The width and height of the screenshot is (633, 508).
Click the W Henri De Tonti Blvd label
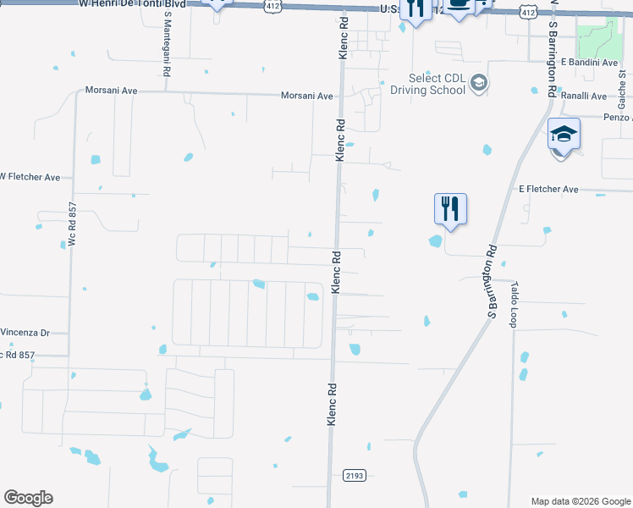pyautogui.click(x=131, y=4)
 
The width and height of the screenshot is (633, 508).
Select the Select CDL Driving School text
pyautogui.click(x=427, y=83)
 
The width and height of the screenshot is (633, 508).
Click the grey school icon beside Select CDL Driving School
pyautogui.click(x=479, y=83)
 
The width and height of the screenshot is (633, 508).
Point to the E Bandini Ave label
pyautogui.click(x=590, y=63)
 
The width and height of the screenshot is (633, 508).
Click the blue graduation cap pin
pyautogui.click(x=564, y=135)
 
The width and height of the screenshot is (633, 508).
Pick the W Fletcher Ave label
pyautogui.click(x=30, y=177)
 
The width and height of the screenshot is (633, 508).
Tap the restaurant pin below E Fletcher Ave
pyautogui.click(x=450, y=207)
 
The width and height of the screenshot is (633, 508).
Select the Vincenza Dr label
pyautogui.click(x=25, y=333)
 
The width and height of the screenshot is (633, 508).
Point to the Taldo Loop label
pyautogui.click(x=513, y=305)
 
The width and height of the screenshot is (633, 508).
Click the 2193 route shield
pyautogui.click(x=355, y=476)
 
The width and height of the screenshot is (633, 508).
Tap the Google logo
pyautogui.click(x=28, y=498)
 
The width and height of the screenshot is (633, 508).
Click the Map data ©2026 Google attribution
pyautogui.click(x=581, y=501)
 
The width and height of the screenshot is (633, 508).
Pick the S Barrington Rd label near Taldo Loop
pyautogui.click(x=489, y=282)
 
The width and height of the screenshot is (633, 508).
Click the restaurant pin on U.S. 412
pyautogui.click(x=416, y=8)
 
